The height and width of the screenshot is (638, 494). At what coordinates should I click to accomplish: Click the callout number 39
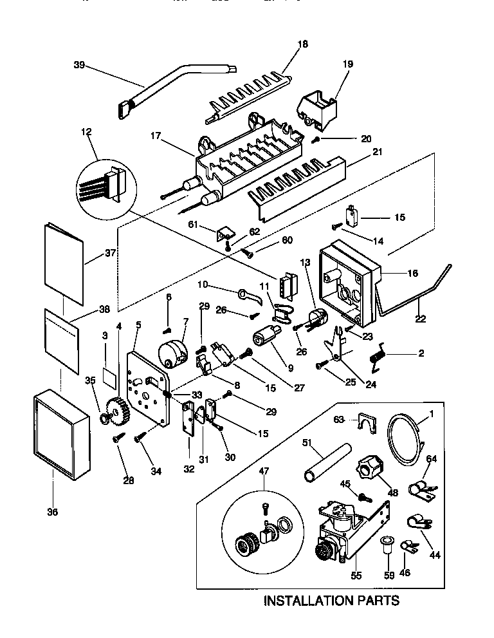pos(78,64)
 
